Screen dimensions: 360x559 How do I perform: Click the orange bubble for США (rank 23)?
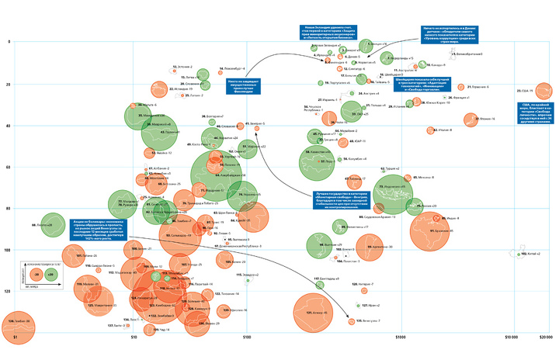(539, 91)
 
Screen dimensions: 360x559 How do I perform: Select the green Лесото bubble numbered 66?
(51, 224)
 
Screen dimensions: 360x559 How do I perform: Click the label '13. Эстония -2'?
(182, 67)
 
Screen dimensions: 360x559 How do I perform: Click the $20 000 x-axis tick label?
(543, 338)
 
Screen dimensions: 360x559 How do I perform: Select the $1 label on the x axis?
(16, 338)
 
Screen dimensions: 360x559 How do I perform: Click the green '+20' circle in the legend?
(51, 273)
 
